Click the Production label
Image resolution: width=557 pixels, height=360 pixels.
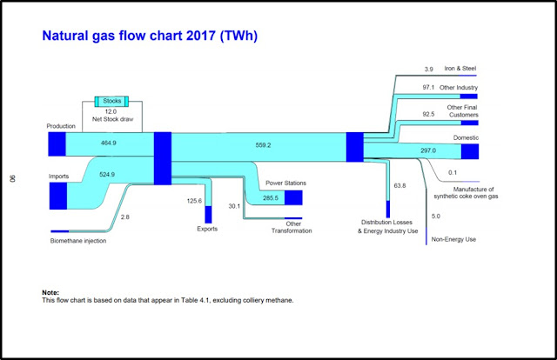click(63, 127)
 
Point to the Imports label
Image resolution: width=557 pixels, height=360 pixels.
click(59, 177)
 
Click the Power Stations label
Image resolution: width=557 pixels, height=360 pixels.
click(287, 183)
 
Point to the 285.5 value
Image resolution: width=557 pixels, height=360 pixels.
click(264, 198)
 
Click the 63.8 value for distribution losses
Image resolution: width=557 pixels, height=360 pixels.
click(400, 186)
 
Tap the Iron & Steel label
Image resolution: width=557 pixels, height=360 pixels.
click(460, 69)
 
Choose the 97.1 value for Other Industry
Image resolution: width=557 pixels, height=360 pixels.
click(428, 88)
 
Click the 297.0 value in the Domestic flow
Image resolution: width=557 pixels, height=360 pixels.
click(427, 150)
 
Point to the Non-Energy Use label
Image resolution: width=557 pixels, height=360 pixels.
click(453, 239)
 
